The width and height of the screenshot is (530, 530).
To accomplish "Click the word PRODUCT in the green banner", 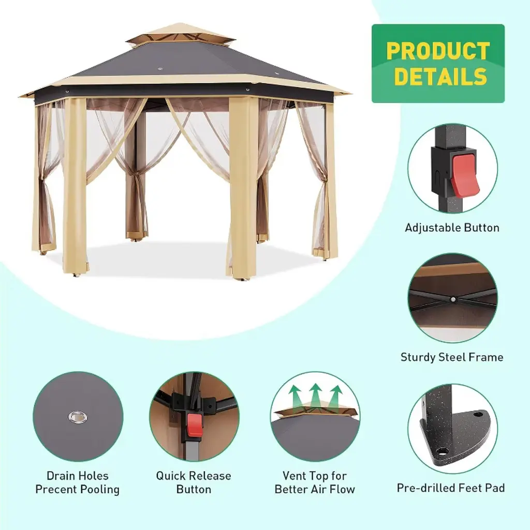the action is tap(438, 51).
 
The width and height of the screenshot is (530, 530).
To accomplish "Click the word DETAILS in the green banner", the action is tap(440, 77).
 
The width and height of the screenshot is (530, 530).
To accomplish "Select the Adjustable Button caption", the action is tap(452, 228).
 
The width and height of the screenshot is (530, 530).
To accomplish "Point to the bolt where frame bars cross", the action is tap(452, 299).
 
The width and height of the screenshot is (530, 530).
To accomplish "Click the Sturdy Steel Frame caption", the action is tap(452, 357).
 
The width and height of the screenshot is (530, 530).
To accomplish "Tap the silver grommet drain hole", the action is tap(78, 417).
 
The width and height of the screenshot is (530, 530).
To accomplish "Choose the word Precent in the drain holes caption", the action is tap(54, 489).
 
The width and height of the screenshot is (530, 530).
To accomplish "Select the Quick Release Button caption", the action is tap(194, 483).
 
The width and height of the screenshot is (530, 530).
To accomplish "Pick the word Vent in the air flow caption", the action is tap(294, 476).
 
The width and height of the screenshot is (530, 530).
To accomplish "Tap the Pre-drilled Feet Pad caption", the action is tap(451, 488).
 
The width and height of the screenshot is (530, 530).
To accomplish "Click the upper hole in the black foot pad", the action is tap(478, 414).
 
